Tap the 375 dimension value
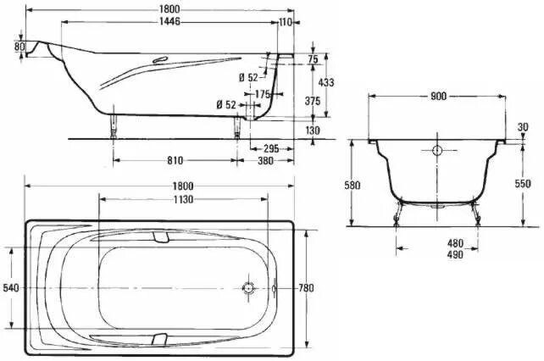click(x=312, y=101)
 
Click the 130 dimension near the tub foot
click(x=312, y=130)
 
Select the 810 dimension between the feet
click(x=175, y=159)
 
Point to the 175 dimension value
click(x=263, y=94)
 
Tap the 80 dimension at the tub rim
click(x=19, y=47)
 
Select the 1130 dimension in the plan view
click(x=182, y=199)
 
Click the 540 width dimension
click(x=11, y=288)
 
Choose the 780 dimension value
click(x=306, y=288)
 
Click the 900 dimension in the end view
click(x=437, y=97)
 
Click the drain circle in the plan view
click(x=248, y=288)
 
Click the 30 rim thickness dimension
click(x=522, y=128)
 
